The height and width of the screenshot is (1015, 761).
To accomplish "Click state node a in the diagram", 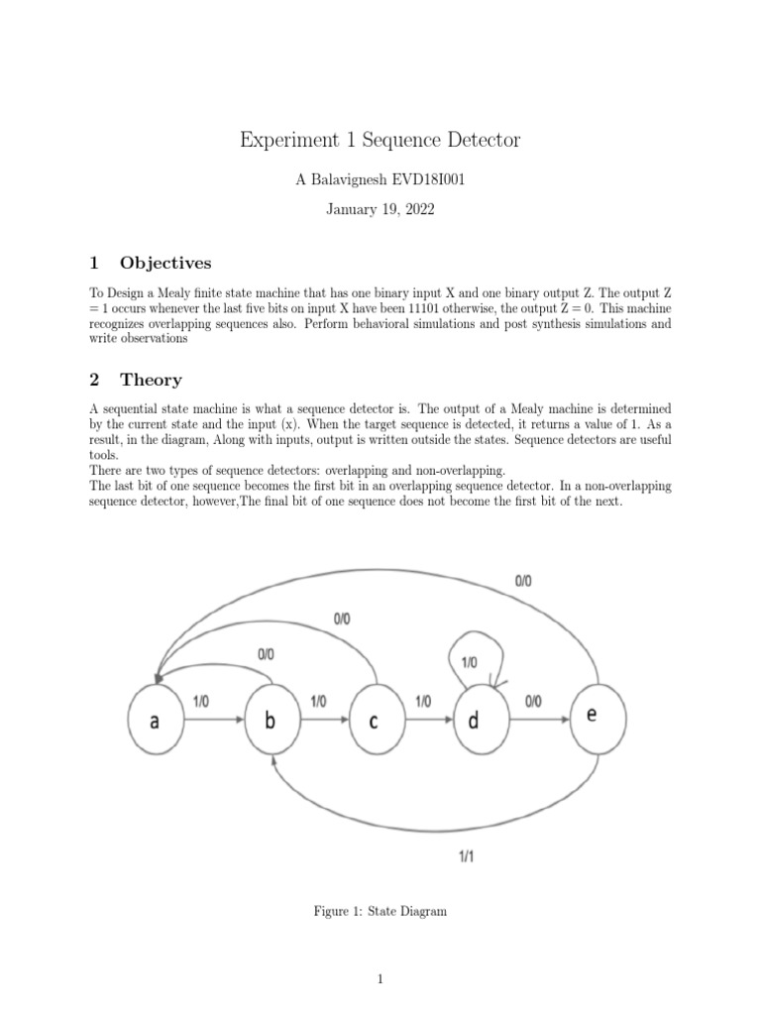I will tap(154, 721).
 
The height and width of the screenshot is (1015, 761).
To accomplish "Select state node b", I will tap(270, 721).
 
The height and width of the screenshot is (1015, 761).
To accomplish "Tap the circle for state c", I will tap(374, 721).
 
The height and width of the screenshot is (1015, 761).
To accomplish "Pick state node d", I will tap(474, 721).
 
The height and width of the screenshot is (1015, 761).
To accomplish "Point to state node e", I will tap(592, 715).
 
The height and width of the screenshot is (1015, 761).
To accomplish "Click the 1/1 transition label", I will tap(465, 857).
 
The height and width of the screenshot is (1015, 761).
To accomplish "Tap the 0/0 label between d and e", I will tap(533, 700).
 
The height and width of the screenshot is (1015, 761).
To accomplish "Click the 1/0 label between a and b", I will tap(200, 700).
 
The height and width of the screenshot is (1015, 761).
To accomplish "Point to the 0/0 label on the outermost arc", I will tap(523, 582).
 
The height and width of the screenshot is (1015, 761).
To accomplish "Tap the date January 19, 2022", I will tap(380, 210).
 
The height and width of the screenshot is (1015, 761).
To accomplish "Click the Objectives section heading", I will tap(165, 263).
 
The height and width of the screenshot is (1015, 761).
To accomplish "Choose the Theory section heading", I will tap(151, 379).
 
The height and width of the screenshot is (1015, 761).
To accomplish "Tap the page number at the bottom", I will tap(380, 980).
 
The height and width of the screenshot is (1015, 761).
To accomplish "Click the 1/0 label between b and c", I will tap(318, 700).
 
